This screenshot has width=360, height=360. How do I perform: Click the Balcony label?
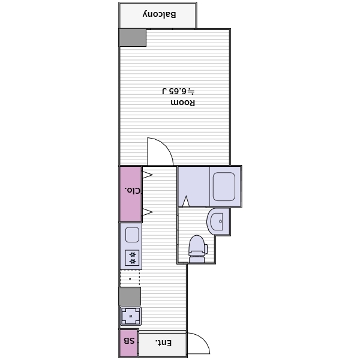tap(160, 14)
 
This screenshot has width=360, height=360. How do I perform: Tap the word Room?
tap(183, 103)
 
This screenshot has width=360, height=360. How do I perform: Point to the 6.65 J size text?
tap(178, 91)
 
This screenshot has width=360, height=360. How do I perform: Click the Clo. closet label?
tap(133, 190)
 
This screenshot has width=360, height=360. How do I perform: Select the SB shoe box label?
tap(129, 341)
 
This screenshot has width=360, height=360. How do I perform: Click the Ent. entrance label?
tap(163, 343)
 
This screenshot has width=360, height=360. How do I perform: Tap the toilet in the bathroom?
tap(197, 249)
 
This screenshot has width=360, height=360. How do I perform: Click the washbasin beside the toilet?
tap(216, 221)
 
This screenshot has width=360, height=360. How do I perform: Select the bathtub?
tap(224, 187)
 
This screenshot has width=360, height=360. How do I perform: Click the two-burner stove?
tap(132, 257)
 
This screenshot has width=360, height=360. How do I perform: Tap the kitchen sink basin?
tap(132, 235)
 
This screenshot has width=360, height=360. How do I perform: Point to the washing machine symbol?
tap(131, 316)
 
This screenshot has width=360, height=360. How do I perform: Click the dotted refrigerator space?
tap(130, 278)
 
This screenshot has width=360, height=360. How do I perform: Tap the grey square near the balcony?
tap(133, 37)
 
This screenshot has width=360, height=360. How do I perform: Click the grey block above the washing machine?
tap(130, 296)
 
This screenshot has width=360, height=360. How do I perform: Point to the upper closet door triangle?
tap(147, 175)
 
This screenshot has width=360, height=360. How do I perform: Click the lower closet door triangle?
tap(147, 212)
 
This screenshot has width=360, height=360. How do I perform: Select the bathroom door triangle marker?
tap(186, 202)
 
